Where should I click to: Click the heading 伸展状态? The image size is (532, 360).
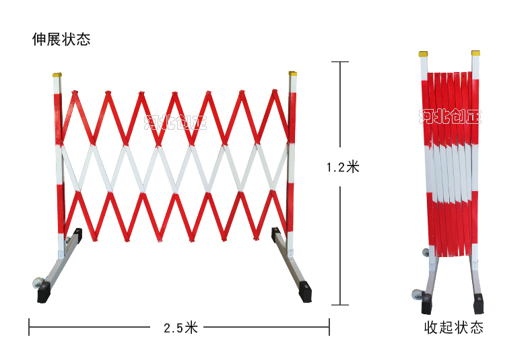pyautogui.click(x=61, y=39)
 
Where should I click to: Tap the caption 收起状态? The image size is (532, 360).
pyautogui.click(x=454, y=328)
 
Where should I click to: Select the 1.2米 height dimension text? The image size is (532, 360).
pyautogui.click(x=343, y=167)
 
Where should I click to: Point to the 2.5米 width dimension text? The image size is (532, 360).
pyautogui.click(x=181, y=328)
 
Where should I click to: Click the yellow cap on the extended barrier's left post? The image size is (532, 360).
pyautogui.click(x=57, y=75)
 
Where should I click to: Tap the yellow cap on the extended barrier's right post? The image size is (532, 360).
pyautogui.click(x=293, y=73)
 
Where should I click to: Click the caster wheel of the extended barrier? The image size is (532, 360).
pyautogui.click(x=38, y=283)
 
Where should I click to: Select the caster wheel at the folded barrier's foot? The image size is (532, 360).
pyautogui.click(x=417, y=294)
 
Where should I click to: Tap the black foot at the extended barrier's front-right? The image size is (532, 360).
pyautogui.click(x=305, y=291)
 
